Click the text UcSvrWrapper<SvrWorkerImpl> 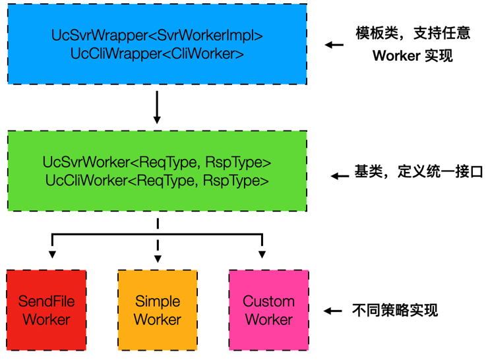tap(157, 36)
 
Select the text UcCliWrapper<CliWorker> tap(157, 53)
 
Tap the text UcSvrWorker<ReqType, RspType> tap(157, 162)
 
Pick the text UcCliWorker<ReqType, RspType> tap(157, 180)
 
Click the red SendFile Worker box tap(46, 311)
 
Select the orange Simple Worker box tap(158, 311)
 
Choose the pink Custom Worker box tap(268, 311)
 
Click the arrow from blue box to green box tap(157, 107)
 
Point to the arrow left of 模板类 tap(334, 45)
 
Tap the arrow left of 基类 tap(340, 176)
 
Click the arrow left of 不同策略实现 tap(334, 311)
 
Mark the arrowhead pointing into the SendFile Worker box tap(52, 255)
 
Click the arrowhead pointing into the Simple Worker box tap(158, 255)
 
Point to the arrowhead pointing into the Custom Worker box tap(262, 255)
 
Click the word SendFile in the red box tap(46, 302)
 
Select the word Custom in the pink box tap(268, 302)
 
